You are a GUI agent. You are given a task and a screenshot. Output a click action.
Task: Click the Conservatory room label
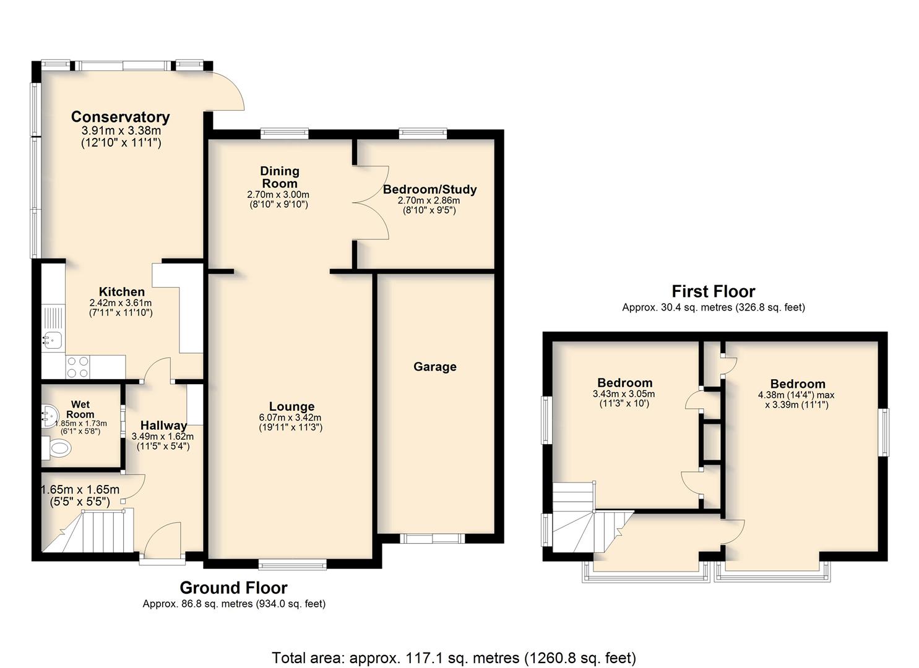pos(120,117)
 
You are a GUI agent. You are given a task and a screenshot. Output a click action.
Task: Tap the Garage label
pos(435,367)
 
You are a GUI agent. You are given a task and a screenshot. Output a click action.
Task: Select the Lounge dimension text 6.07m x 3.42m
pos(290,417)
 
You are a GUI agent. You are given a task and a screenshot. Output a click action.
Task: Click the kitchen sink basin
pos(52,341)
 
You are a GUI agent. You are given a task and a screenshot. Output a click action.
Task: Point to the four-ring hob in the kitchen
pos(78,367)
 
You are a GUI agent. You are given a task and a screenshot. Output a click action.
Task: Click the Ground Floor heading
pos(233,588)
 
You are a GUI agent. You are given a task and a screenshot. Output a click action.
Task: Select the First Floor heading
pos(714,291)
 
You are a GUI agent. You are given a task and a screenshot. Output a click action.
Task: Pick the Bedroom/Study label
pos(429,189)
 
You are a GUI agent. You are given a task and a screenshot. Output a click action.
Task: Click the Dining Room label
pos(280,177)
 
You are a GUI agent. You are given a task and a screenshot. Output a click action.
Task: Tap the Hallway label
pos(164,426)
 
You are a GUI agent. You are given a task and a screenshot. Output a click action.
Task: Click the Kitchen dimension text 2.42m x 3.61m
pos(121,303)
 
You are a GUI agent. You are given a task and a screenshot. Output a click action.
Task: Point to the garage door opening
pos(433,538)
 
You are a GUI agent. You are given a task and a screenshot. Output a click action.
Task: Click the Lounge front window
pos(293,567)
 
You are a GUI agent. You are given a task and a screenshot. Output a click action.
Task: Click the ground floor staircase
pos(88,531)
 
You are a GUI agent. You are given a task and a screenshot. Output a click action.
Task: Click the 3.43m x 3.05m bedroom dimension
pos(624,394)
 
